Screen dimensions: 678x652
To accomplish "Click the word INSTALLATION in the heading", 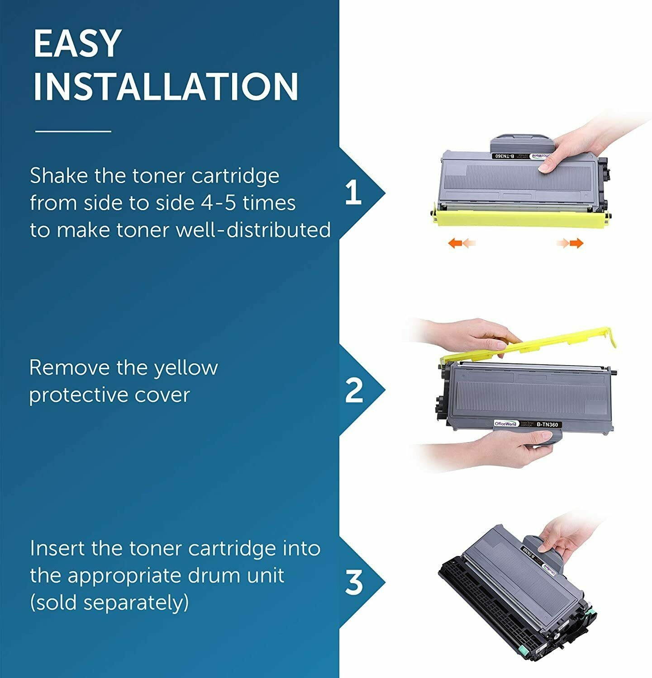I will pos(166,87).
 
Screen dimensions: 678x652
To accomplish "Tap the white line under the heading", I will pos(73,132).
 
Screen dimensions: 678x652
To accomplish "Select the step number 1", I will pos(353,193).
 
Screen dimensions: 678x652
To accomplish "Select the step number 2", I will pos(354,391).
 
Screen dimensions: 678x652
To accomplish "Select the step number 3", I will pos(354,583).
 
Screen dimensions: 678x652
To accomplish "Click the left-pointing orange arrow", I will pos(461,244).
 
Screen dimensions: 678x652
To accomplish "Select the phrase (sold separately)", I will pos(109,603).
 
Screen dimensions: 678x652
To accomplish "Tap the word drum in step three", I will pos(220,575).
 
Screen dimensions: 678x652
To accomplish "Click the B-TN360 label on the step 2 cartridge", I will pos(548,424).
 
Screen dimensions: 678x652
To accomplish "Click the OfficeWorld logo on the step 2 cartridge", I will pos(505,424).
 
